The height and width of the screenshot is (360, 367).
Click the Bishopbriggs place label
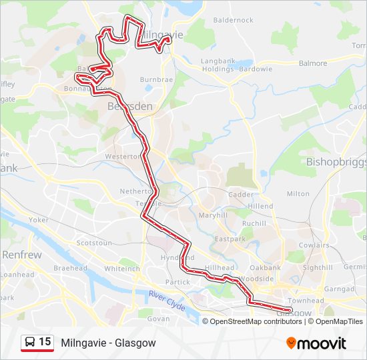click(x=336, y=161)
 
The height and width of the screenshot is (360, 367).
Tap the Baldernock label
click(x=233, y=20)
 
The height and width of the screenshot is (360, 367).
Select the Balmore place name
click(x=313, y=63)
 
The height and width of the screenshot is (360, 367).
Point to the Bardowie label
click(x=256, y=69)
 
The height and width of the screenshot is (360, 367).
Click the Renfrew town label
click(x=21, y=255)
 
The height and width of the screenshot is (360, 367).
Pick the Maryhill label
click(x=213, y=215)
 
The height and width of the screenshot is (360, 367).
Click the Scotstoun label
click(x=94, y=243)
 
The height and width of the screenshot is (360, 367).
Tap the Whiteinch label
click(x=122, y=269)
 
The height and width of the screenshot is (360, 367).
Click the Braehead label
click(x=70, y=268)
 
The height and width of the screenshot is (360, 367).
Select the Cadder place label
click(x=241, y=195)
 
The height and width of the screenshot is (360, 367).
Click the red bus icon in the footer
click(x=29, y=343)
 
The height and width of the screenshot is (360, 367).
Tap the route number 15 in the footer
click(x=45, y=342)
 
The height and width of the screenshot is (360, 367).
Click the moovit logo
click(x=316, y=343)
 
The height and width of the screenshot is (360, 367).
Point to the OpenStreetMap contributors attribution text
click(x=256, y=321)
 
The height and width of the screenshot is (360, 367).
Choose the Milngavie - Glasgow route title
click(x=108, y=343)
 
